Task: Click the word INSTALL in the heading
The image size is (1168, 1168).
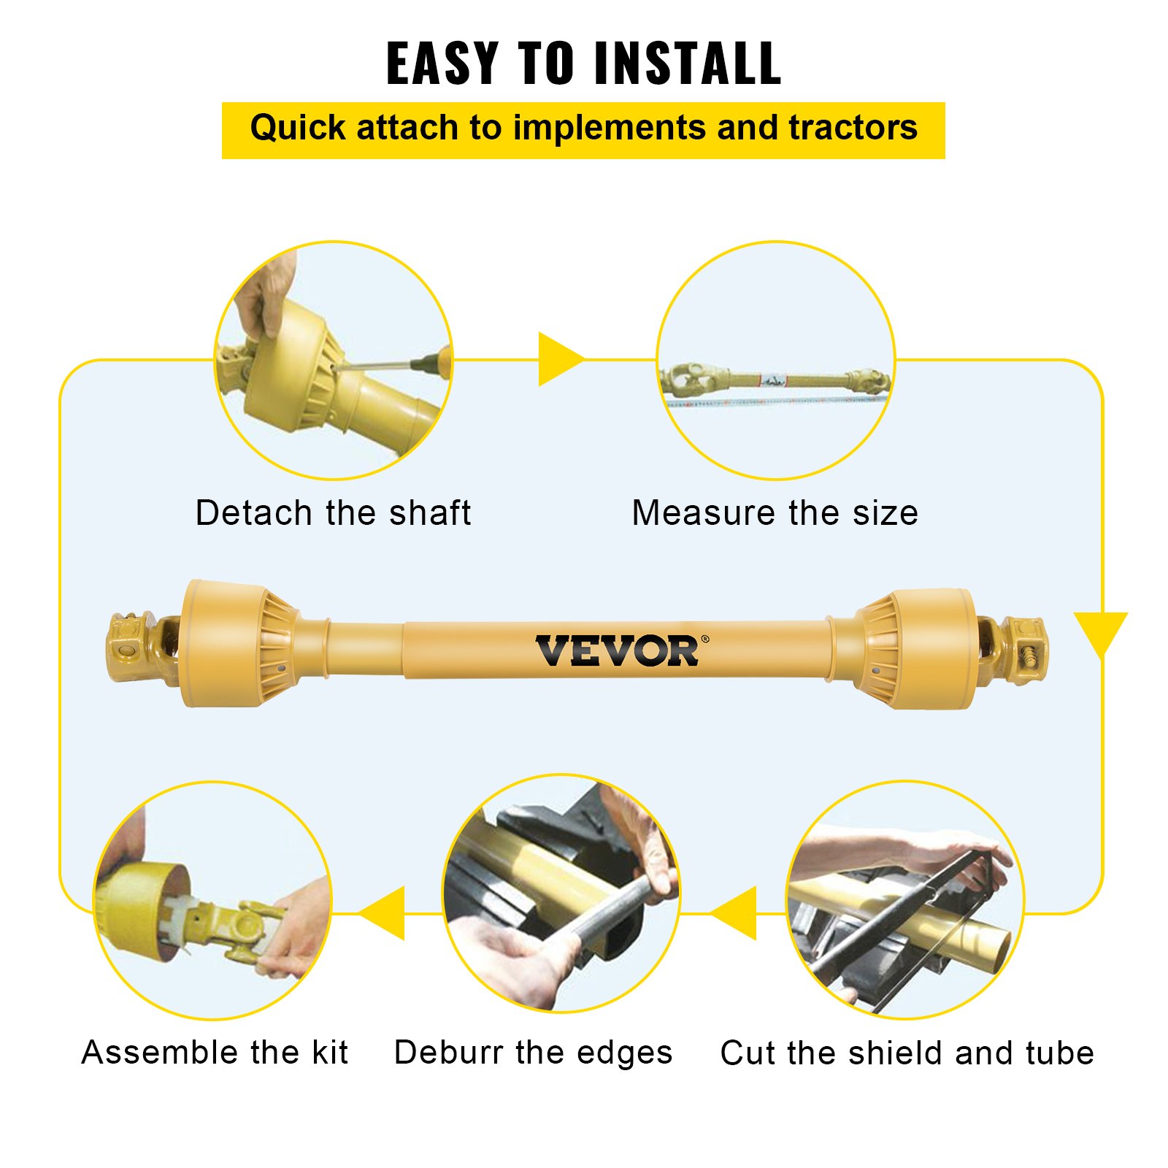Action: tap(688, 64)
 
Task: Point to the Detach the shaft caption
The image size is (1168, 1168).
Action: tap(333, 513)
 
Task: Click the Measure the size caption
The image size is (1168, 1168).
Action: tap(775, 513)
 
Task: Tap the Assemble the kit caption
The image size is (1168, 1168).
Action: tap(215, 1053)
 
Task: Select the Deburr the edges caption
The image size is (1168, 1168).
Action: tap(533, 1053)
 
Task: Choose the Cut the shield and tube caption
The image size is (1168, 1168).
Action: tap(907, 1053)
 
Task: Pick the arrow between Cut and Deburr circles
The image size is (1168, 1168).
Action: tap(736, 913)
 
